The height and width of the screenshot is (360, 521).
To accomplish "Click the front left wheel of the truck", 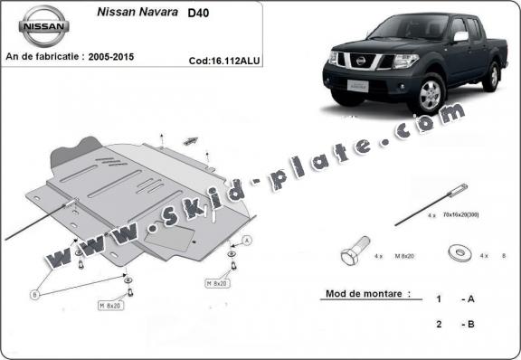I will (x=431, y=94).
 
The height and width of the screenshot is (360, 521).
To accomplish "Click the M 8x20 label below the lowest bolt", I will (x=110, y=307).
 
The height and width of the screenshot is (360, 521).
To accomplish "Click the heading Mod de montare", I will (x=359, y=294).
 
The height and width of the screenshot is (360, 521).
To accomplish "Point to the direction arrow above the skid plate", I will (x=190, y=139).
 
